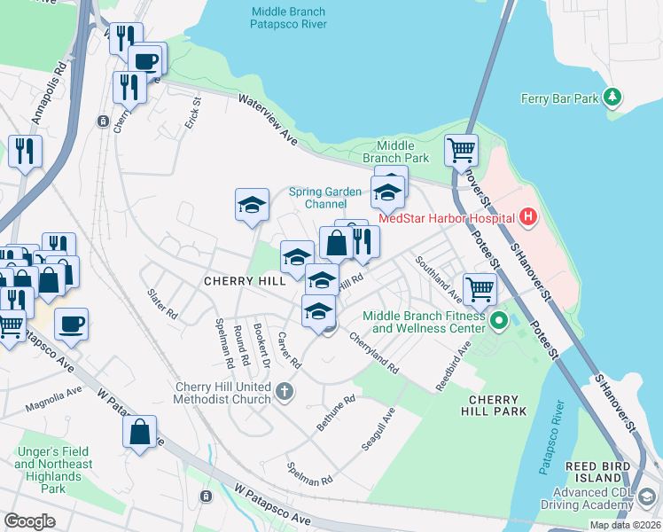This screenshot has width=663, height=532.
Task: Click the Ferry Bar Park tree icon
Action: click(x=612, y=96)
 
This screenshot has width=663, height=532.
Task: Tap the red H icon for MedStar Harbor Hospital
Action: click(x=528, y=216)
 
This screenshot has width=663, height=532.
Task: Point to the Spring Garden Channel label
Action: click(x=325, y=198)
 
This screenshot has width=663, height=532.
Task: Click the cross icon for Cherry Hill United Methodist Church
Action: click(x=285, y=391)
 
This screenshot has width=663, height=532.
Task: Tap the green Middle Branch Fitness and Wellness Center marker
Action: click(x=498, y=320)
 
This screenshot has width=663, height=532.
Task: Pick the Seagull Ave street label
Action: click(x=378, y=430)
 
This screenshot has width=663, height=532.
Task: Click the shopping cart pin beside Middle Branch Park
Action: click(x=461, y=151)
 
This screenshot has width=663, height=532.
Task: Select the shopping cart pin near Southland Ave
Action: click(x=480, y=288)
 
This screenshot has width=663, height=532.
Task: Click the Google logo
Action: click(x=30, y=521)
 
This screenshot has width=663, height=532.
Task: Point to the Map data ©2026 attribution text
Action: click(x=625, y=525)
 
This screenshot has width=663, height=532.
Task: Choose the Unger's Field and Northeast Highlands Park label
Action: click(x=53, y=470)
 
